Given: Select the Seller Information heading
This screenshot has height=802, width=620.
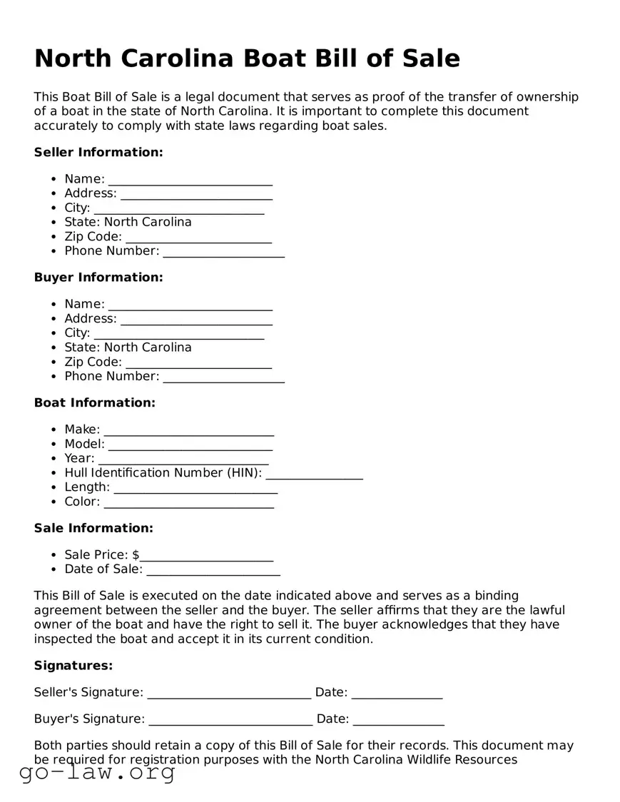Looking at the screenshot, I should pyautogui.click(x=98, y=152).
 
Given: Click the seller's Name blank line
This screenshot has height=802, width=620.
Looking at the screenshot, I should pyautogui.click(x=190, y=180).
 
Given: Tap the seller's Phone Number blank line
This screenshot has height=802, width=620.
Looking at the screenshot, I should pyautogui.click(x=223, y=252).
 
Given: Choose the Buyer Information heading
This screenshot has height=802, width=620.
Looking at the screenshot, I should pyautogui.click(x=98, y=277).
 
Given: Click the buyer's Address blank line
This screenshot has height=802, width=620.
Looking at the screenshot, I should pyautogui.click(x=196, y=320).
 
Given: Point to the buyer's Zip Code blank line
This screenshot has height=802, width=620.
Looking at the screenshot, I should pyautogui.click(x=198, y=363).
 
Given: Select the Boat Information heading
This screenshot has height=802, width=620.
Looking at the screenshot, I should pyautogui.click(x=94, y=402).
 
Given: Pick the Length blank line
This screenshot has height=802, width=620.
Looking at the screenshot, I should pyautogui.click(x=195, y=488).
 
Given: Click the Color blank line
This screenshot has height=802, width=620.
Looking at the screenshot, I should pyautogui.click(x=188, y=502).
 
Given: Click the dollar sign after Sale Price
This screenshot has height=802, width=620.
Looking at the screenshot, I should pyautogui.click(x=136, y=555).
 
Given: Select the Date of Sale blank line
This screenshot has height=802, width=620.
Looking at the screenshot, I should pyautogui.click(x=213, y=570).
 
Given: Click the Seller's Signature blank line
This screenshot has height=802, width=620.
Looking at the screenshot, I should pyautogui.click(x=228, y=693).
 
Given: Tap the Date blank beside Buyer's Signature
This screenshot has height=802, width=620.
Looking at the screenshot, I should pyautogui.click(x=398, y=719).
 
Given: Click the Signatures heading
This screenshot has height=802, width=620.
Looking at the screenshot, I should pyautogui.click(x=73, y=666).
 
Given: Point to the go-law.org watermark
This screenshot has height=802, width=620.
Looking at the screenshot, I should pyautogui.click(x=97, y=772).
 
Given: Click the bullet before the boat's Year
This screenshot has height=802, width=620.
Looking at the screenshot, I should pyautogui.click(x=54, y=459).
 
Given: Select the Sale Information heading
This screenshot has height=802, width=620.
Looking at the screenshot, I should pyautogui.click(x=93, y=528).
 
